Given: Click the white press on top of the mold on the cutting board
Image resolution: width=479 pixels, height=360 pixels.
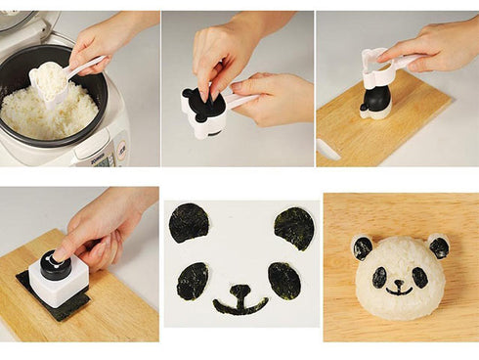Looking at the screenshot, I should [377, 67].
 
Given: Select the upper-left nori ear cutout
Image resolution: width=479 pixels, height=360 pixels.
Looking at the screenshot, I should [189, 223].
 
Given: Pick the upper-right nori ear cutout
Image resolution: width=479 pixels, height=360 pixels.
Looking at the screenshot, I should [293, 228].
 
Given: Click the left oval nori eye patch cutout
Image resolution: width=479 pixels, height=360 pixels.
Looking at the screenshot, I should [193, 281].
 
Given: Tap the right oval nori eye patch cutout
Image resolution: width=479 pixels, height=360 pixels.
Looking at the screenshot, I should [283, 281].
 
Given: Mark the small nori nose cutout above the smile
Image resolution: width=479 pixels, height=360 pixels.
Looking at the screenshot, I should [239, 290].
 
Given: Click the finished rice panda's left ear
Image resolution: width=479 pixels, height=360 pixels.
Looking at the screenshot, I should [363, 247].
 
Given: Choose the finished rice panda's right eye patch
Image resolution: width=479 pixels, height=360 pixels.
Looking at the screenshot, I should [418, 277].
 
